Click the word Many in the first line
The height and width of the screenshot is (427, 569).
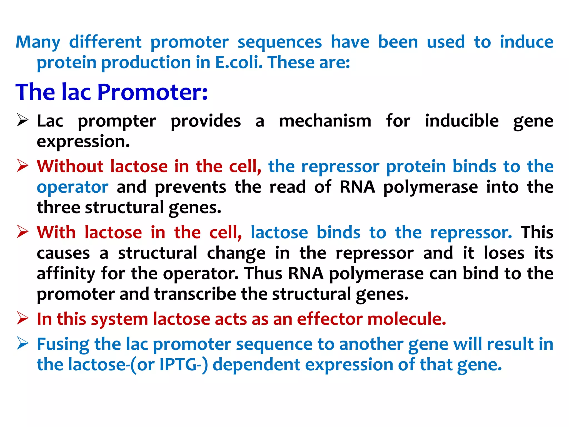(x=38, y=43)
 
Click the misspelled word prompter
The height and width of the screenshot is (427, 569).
(x=117, y=121)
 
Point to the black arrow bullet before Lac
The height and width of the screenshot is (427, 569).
(x=23, y=120)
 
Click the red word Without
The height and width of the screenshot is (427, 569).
(x=70, y=167)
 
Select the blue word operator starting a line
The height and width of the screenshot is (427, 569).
(x=73, y=187)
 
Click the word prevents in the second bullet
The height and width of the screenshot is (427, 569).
(x=190, y=187)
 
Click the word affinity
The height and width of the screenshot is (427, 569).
(x=66, y=274)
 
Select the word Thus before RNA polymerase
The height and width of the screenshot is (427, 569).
(x=264, y=274)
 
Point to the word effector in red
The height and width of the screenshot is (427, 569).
(x=330, y=319)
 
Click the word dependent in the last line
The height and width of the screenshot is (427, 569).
(x=256, y=365)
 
